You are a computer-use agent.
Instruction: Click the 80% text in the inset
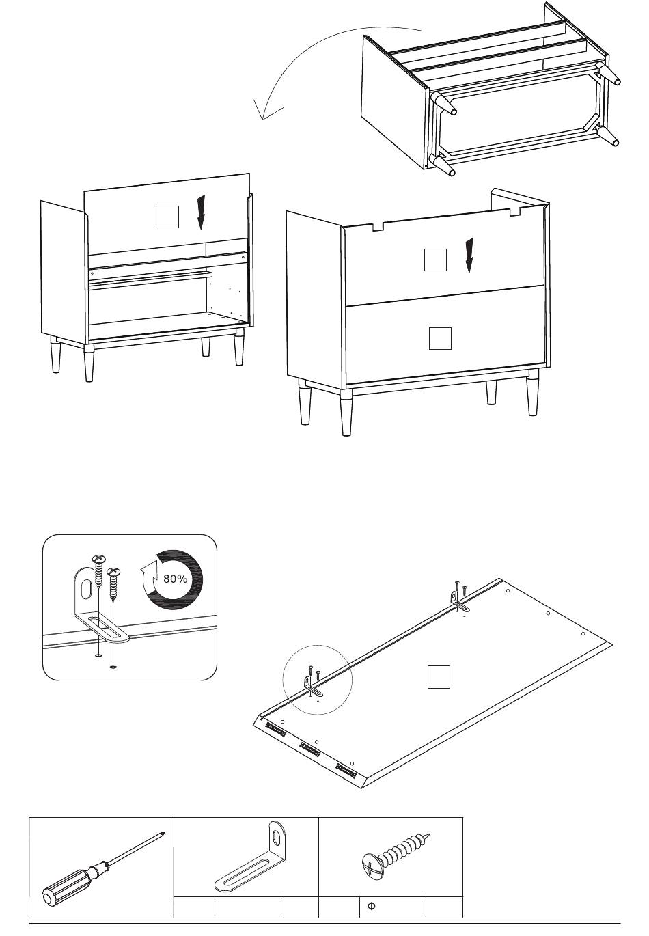tap(175, 579)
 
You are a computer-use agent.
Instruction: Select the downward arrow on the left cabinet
tap(201, 212)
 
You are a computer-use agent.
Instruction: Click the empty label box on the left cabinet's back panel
tap(167, 216)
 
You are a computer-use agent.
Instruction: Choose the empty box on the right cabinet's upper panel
tap(435, 260)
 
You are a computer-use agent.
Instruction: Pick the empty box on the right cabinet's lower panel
tap(440, 339)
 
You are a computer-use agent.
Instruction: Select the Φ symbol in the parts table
tap(370, 907)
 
